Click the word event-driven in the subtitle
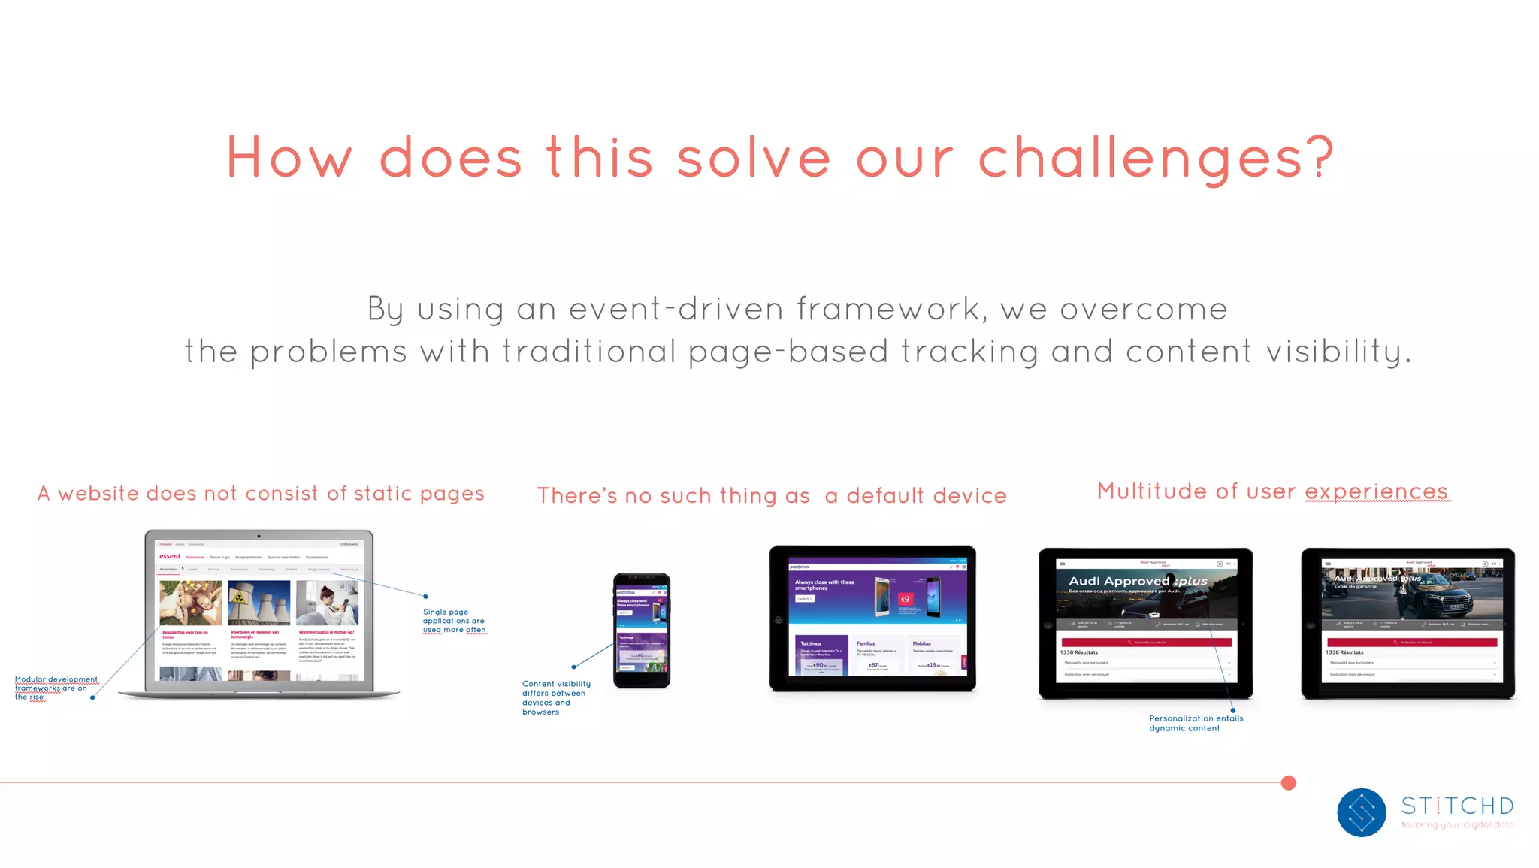(x=676, y=309)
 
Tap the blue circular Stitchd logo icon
(x=1361, y=812)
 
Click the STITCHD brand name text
(x=1457, y=806)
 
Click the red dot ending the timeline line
(x=1288, y=783)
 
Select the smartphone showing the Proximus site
(x=641, y=631)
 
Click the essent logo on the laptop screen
(x=170, y=557)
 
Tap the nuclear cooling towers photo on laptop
(x=259, y=603)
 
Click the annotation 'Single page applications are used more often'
(x=454, y=621)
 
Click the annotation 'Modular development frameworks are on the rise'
(x=56, y=688)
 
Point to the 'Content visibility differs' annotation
(x=555, y=697)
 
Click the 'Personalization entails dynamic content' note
(x=1196, y=723)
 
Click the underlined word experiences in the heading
(x=1376, y=491)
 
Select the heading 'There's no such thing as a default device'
(x=771, y=496)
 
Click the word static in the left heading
(x=382, y=494)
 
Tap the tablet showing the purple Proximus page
(x=872, y=618)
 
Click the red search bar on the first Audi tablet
(x=1146, y=643)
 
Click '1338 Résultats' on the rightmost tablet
(x=1344, y=652)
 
